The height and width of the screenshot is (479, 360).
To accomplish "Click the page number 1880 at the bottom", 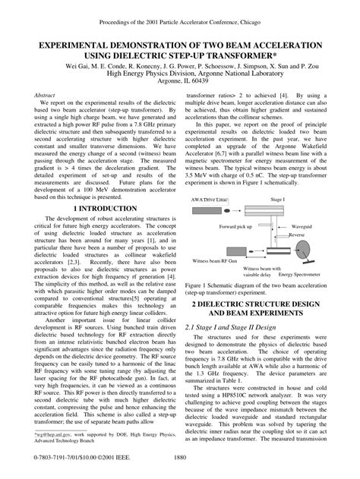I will pos(180,458).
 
